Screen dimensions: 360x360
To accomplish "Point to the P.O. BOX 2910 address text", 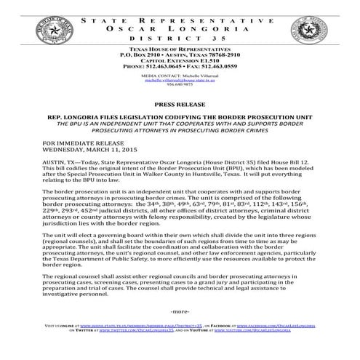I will coord(130,55).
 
